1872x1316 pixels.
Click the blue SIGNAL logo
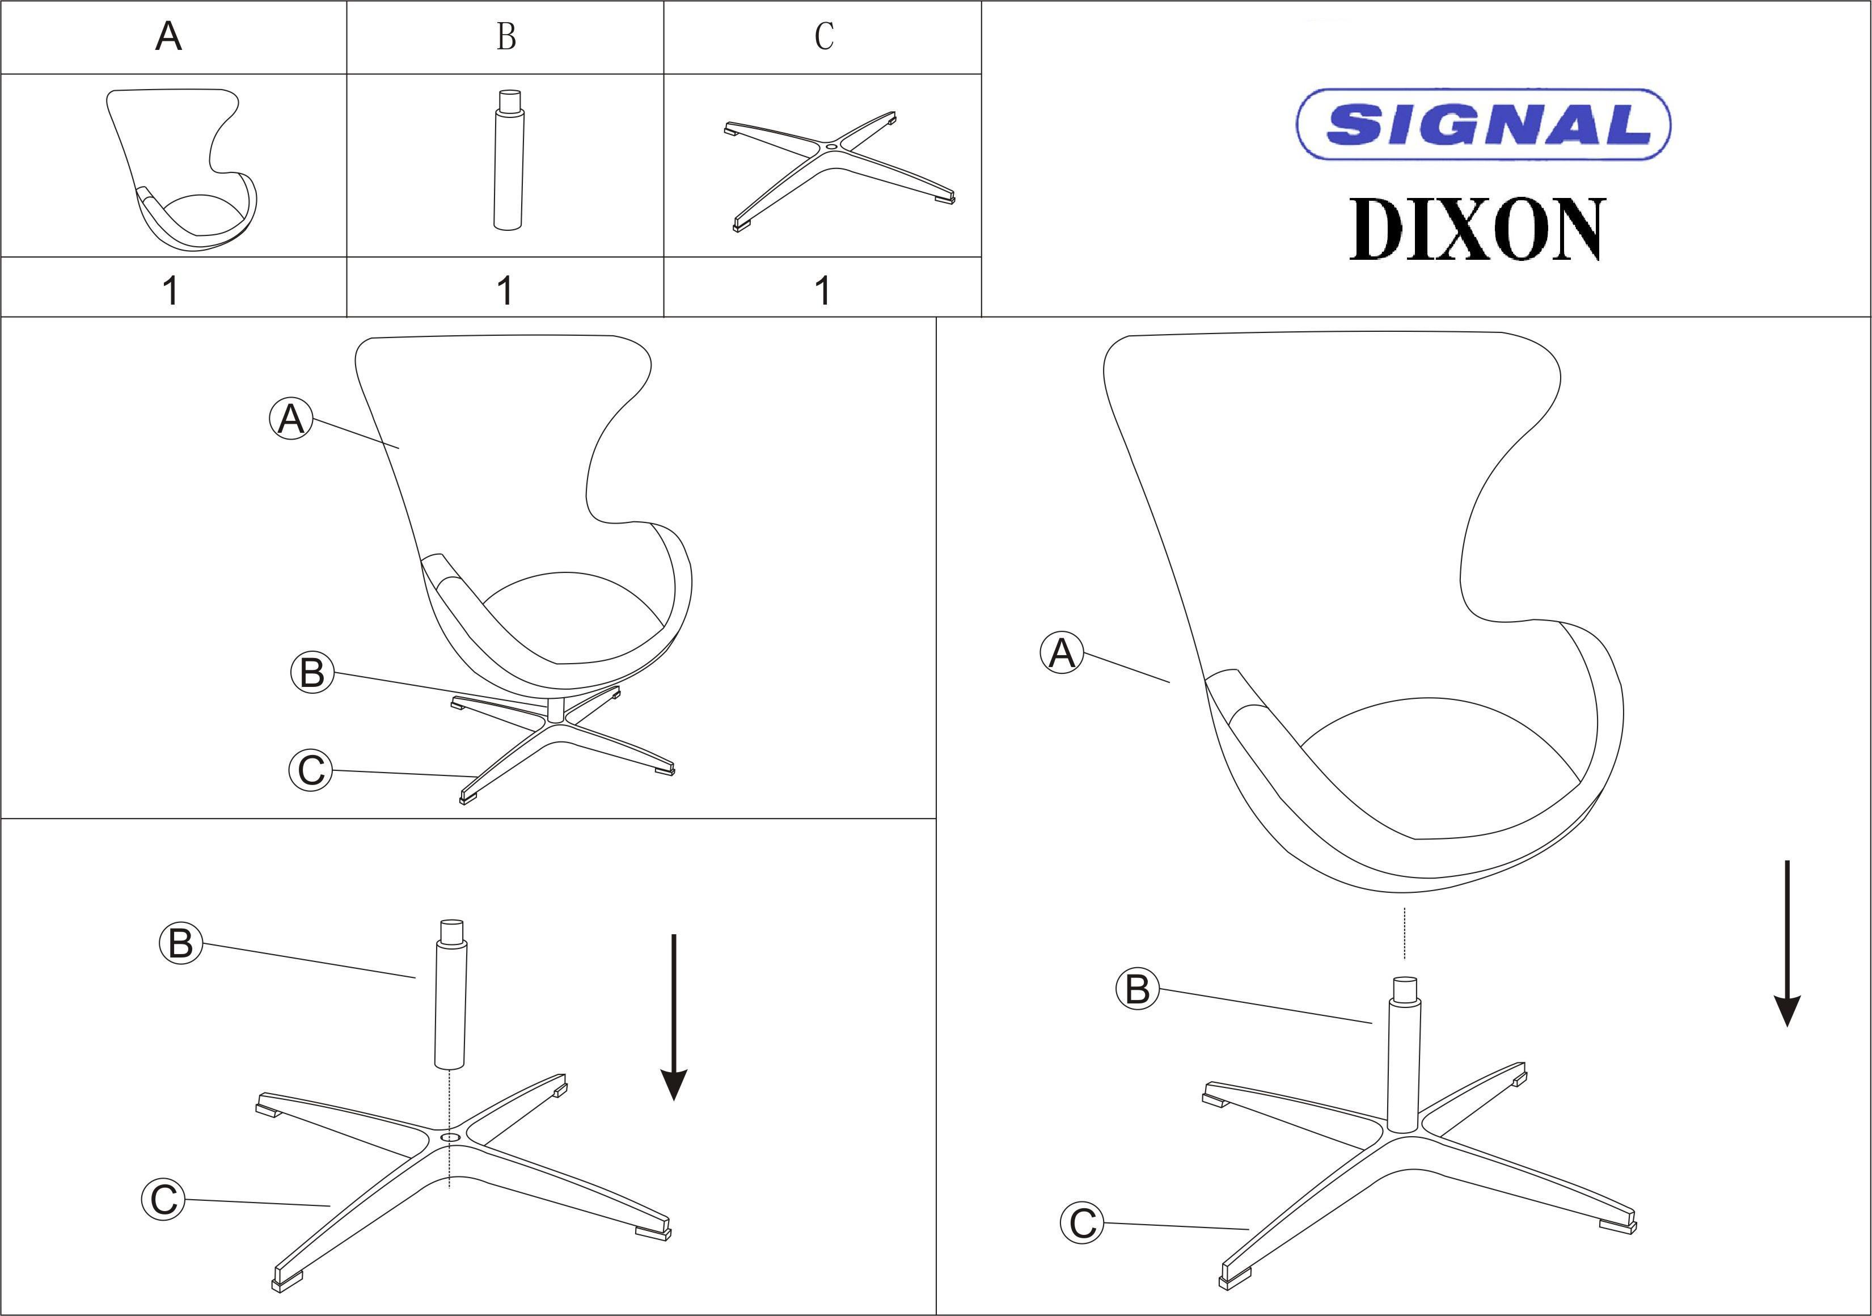tap(1483, 124)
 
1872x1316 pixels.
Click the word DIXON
tap(1477, 229)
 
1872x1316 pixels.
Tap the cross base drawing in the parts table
tap(839, 171)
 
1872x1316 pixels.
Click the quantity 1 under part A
tap(170, 290)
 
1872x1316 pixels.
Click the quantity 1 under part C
tap(823, 290)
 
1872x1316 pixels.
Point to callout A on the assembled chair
tap(291, 419)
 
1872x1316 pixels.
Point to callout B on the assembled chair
tap(312, 673)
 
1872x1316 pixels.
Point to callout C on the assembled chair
tap(311, 770)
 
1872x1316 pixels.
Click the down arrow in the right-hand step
tap(1787, 943)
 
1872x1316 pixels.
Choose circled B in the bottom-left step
tap(180, 943)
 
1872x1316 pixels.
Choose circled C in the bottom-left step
tap(163, 1199)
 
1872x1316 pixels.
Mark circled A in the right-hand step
tap(1062, 653)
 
